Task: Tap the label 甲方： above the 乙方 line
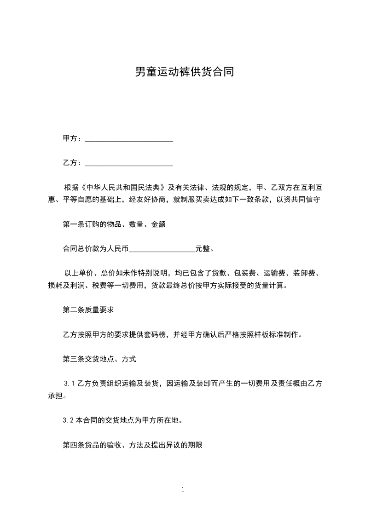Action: click(x=72, y=138)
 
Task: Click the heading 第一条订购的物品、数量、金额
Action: click(x=114, y=224)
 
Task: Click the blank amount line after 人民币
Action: click(x=162, y=249)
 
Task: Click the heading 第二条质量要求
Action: click(x=88, y=310)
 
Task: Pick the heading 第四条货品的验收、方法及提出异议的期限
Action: click(x=133, y=445)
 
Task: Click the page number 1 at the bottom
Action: click(x=183, y=490)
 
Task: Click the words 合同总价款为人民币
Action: click(x=96, y=249)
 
